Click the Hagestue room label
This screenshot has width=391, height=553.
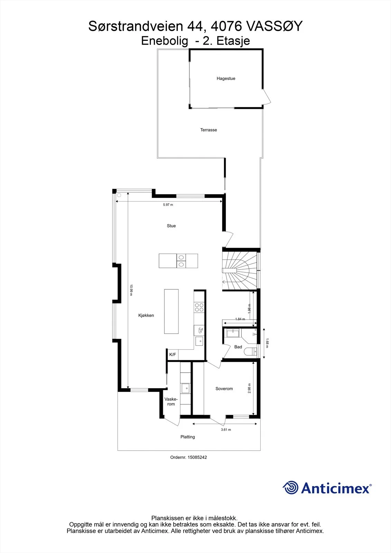(x=226, y=78)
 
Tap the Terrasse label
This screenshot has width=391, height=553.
(x=208, y=130)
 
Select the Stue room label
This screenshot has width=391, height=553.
(x=171, y=226)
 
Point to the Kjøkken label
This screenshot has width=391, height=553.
(x=146, y=315)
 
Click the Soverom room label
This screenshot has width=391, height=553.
(x=224, y=388)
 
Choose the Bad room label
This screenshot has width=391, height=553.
(x=238, y=347)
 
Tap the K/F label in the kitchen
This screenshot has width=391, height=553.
(x=173, y=355)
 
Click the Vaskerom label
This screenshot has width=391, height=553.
(x=171, y=402)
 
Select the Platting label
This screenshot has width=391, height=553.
(x=187, y=437)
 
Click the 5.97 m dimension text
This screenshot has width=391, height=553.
(x=168, y=205)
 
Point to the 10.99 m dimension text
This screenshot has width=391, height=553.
(x=131, y=290)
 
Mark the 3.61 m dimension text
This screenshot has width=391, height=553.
(x=226, y=430)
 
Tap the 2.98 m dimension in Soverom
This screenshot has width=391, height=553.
(x=250, y=388)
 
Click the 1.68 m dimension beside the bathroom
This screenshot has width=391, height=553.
(x=267, y=343)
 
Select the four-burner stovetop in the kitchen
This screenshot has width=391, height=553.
(x=199, y=308)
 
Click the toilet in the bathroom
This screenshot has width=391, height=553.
(x=250, y=351)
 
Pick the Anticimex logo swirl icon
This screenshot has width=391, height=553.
(x=290, y=487)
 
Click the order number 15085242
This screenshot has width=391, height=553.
(x=197, y=457)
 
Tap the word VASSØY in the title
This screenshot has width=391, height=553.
(x=274, y=26)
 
